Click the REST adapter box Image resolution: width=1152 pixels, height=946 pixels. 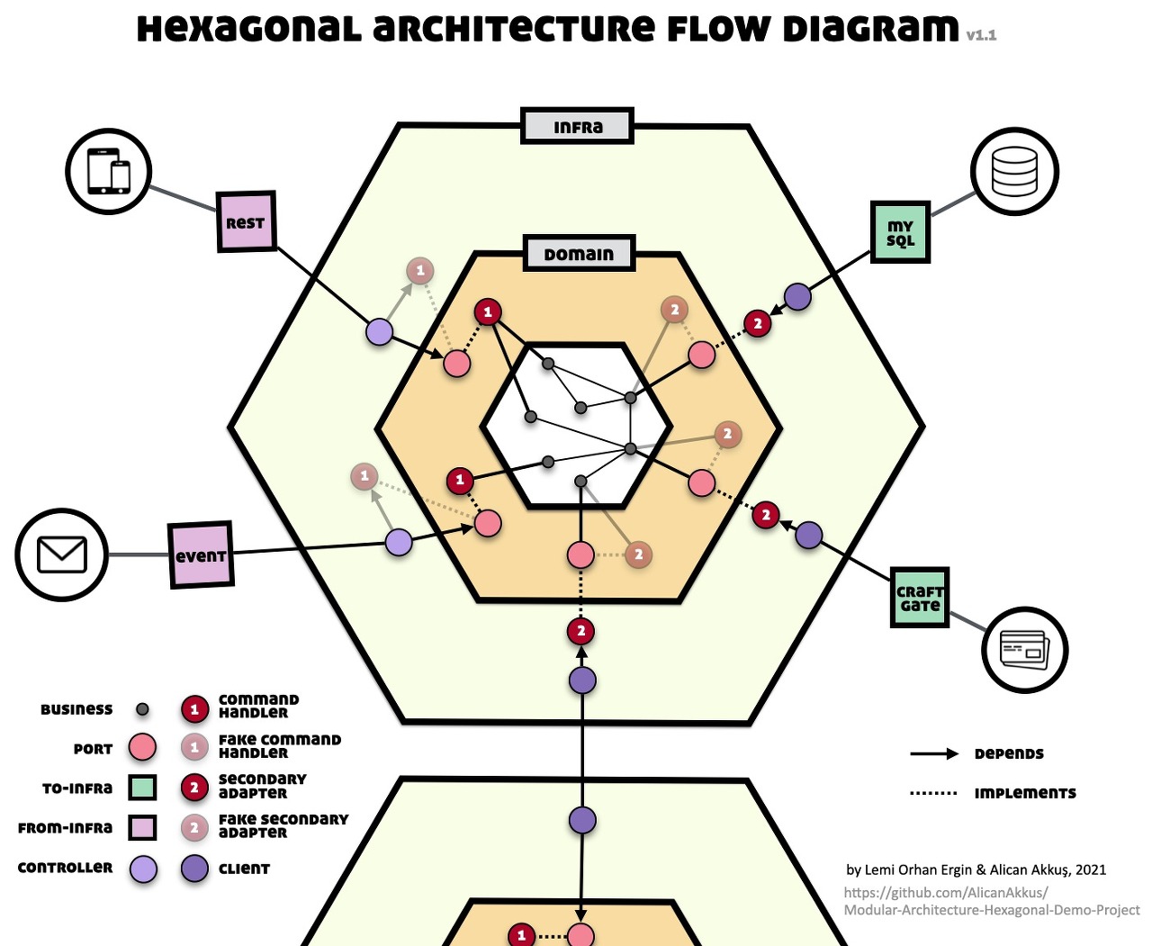click(x=246, y=222)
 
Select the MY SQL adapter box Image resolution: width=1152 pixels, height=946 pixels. click(x=900, y=232)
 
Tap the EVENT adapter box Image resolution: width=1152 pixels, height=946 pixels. click(x=201, y=555)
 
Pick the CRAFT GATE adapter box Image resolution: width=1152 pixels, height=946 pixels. click(x=919, y=597)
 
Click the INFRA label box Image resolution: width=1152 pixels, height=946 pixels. click(x=578, y=127)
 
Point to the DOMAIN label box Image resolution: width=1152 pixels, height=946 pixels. click(x=579, y=254)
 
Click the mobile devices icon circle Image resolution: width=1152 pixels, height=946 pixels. click(x=108, y=171)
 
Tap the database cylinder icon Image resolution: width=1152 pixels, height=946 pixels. click(x=1014, y=171)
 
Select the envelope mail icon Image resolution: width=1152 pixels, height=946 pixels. click(x=61, y=554)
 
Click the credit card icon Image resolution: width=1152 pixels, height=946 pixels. click(x=1024, y=650)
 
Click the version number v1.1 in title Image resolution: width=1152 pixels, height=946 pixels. click(x=981, y=35)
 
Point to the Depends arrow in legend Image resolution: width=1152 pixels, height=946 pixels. click(x=933, y=753)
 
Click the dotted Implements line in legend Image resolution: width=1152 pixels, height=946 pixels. click(x=933, y=793)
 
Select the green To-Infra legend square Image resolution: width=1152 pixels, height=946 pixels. click(x=142, y=788)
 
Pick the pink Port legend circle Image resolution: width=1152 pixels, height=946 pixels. click(x=142, y=747)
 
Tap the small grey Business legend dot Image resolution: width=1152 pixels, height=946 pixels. click(x=142, y=709)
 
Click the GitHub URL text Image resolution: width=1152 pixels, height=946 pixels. click(x=990, y=901)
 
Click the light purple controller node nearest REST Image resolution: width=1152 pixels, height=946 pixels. click(x=380, y=331)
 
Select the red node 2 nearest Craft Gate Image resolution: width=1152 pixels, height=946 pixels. click(x=765, y=515)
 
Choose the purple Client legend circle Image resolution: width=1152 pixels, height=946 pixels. click(x=194, y=869)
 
